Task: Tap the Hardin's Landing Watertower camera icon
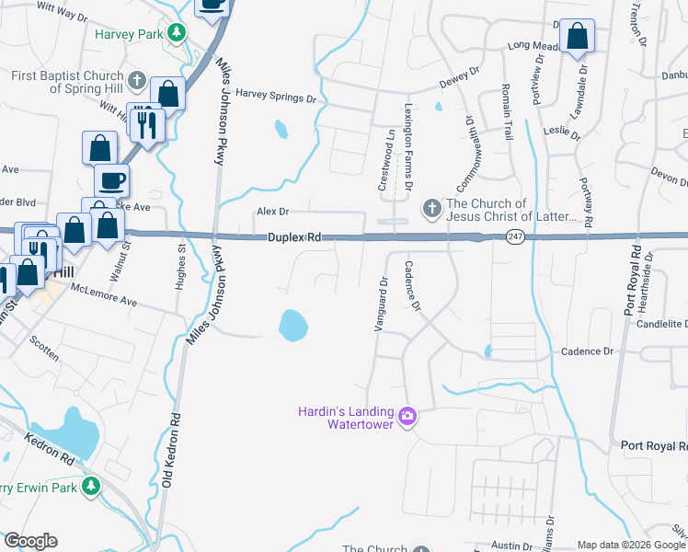[x=408, y=418]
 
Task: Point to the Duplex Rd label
[x=293, y=237]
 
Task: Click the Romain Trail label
[x=507, y=110]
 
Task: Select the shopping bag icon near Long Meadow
[x=577, y=38]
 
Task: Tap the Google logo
[x=31, y=541]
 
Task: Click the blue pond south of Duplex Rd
[x=292, y=323]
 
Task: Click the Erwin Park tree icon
[x=90, y=485]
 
